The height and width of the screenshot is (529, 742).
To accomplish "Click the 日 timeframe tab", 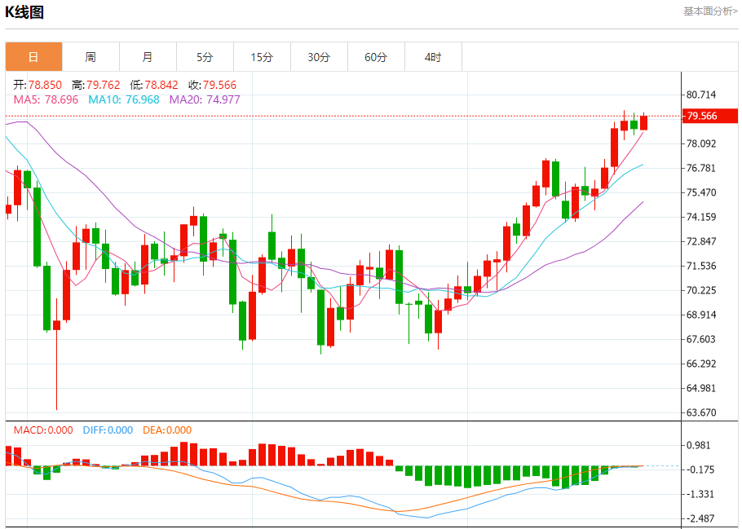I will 33,57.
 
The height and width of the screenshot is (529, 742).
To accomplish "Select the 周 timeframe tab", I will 91,57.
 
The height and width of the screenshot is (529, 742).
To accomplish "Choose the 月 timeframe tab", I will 148,57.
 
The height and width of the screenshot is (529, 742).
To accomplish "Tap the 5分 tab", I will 205,57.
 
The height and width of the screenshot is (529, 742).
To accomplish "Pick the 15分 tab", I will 262,57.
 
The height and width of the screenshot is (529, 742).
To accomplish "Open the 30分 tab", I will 319,57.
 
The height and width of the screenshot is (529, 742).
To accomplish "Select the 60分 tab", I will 376,57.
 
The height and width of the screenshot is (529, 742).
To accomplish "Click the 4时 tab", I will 433,57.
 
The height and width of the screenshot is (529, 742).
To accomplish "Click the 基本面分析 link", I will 709,11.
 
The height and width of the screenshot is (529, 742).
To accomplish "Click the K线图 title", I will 24,12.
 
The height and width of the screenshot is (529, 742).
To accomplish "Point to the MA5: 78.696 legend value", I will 46,99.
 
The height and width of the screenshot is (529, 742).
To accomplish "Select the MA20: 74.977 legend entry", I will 205,99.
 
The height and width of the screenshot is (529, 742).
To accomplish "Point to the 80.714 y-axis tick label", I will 702,95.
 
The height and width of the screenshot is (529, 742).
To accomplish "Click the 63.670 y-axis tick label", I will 702,412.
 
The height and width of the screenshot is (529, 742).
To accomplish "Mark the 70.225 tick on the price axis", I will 702,290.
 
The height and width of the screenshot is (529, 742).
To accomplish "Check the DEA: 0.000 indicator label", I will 167,430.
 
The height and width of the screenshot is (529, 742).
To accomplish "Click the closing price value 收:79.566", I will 212,85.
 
